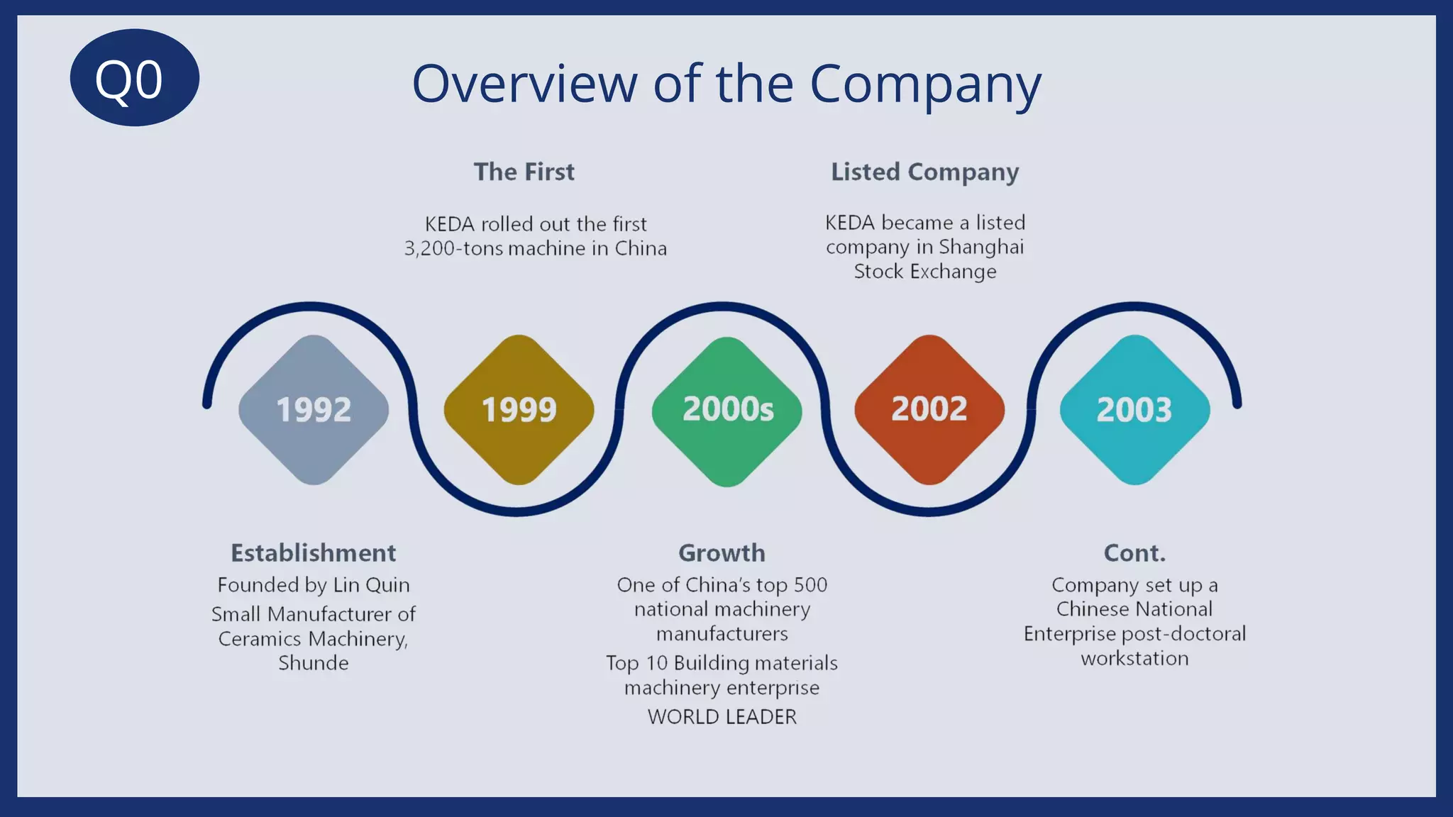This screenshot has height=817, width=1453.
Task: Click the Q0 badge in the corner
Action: [134, 78]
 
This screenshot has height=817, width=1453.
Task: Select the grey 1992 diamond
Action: [314, 410]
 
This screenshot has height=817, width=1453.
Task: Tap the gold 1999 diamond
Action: [519, 410]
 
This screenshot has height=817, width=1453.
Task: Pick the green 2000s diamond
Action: [727, 410]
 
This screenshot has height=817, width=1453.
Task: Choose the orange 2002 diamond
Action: [929, 410]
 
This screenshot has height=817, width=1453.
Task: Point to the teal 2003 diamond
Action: [1134, 410]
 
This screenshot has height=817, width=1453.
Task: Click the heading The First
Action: [524, 172]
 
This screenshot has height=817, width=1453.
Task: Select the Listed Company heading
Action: [924, 172]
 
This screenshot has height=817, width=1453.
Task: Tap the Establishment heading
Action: [314, 552]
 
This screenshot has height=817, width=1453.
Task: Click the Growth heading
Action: [722, 552]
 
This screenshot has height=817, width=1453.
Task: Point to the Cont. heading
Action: [1134, 552]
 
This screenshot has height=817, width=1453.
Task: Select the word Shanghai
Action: [981, 247]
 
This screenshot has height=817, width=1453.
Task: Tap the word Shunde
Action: [314, 663]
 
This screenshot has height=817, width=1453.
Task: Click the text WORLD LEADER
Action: [722, 717]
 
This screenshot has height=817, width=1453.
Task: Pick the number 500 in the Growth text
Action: [810, 585]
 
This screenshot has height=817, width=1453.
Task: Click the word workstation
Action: [1134, 659]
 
